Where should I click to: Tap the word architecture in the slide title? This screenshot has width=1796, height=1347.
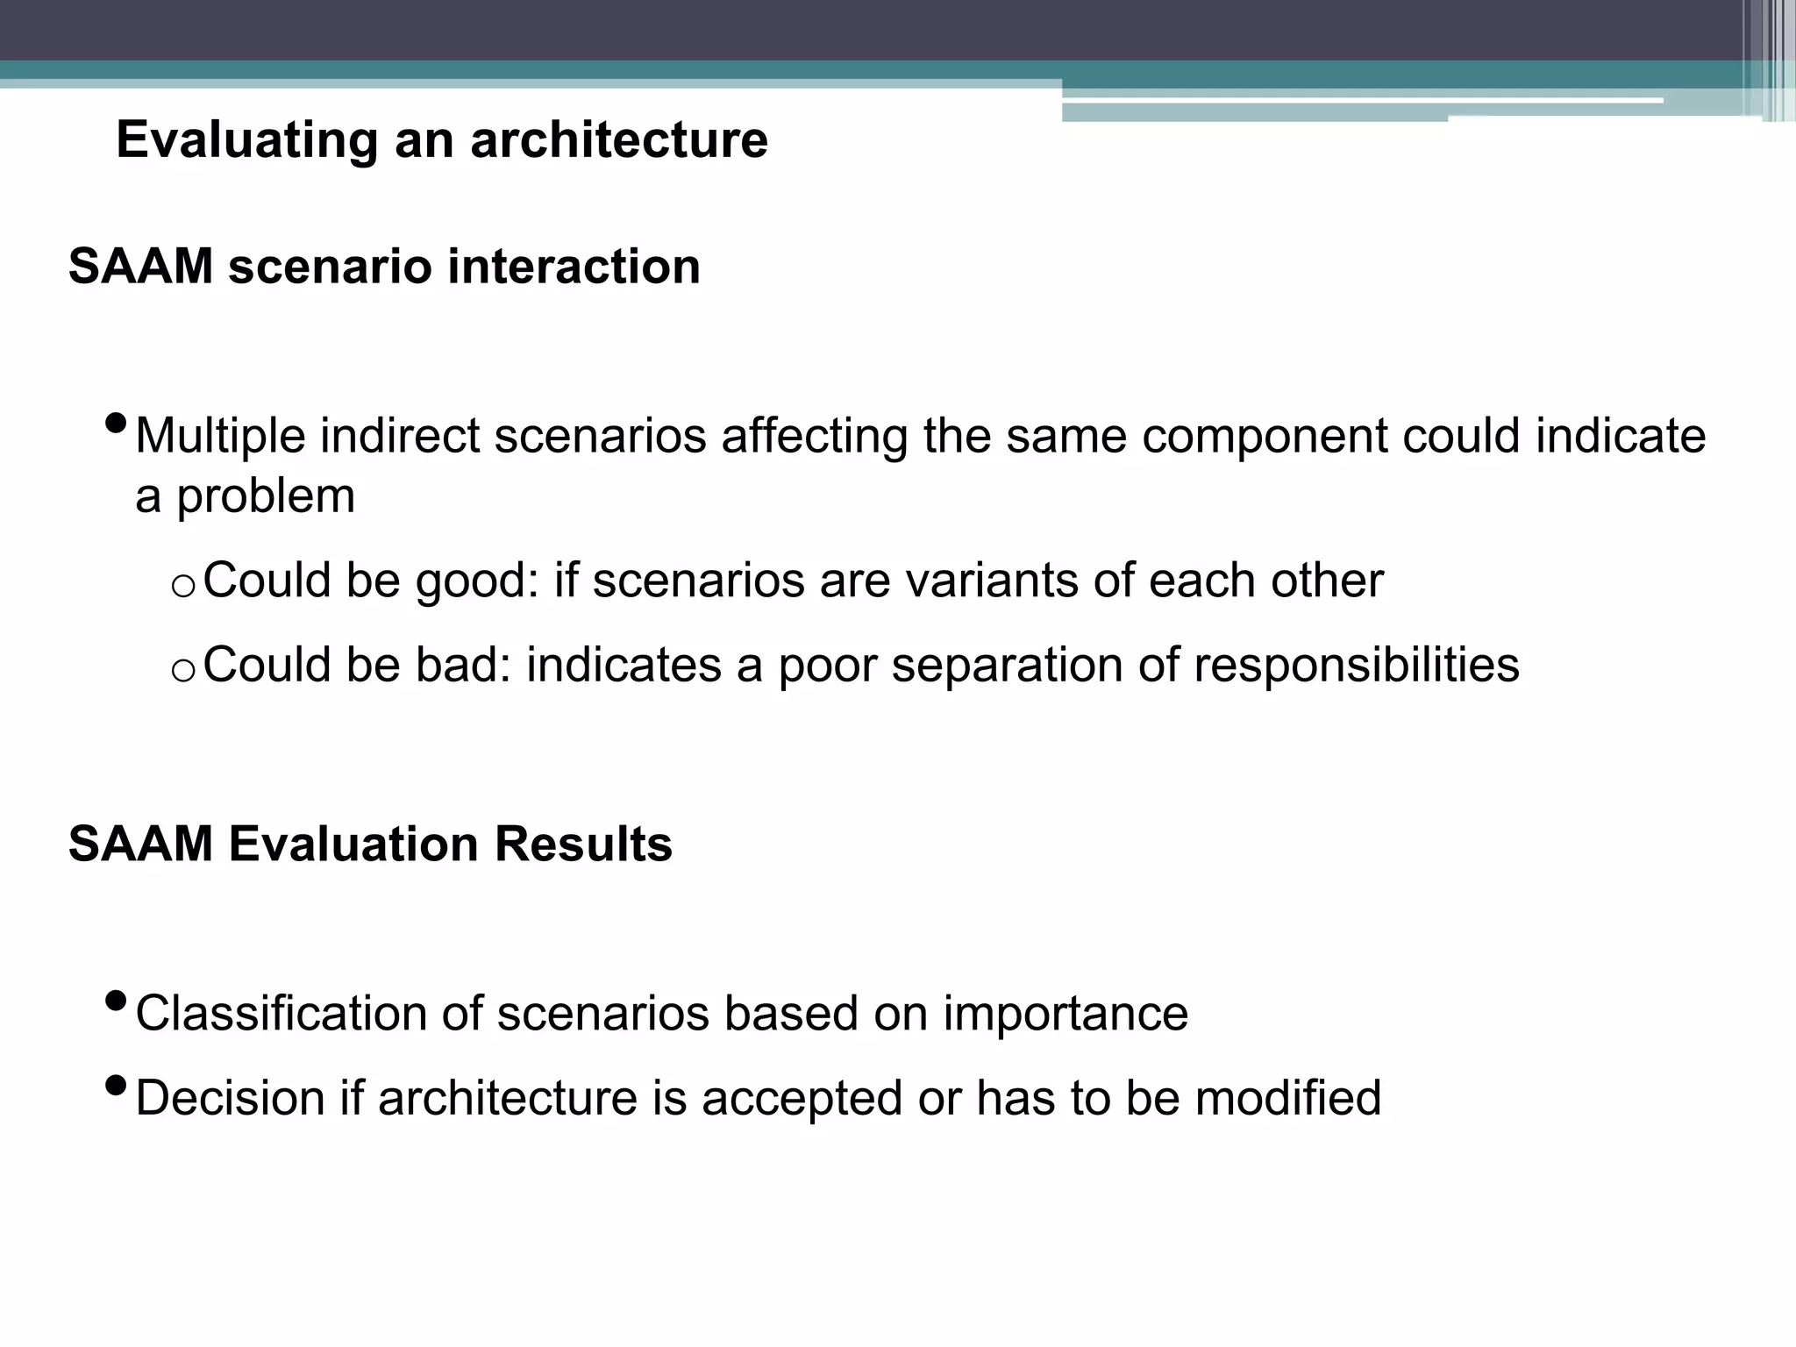(619, 140)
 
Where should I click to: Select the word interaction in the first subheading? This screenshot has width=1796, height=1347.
(574, 267)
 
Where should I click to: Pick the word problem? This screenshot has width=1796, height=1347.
(266, 496)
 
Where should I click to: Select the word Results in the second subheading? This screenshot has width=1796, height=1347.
(583, 845)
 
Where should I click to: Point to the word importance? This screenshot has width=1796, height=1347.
(1065, 1014)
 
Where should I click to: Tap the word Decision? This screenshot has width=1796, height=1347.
(231, 1098)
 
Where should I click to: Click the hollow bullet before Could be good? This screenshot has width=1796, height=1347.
(182, 586)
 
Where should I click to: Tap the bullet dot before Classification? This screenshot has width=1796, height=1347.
(115, 1001)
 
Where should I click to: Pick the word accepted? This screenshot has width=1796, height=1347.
(802, 1098)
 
